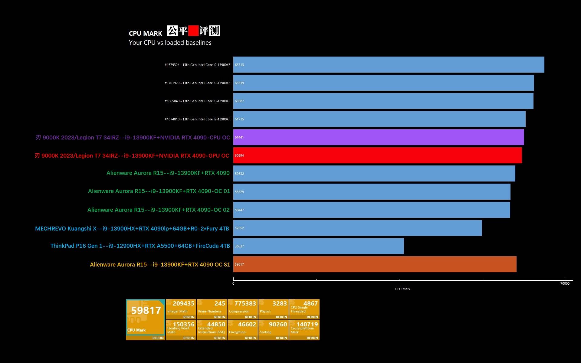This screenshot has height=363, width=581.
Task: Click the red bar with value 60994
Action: [377, 155]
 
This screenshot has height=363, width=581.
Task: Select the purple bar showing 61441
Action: [378, 137]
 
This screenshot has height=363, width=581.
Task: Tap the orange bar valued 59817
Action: [375, 264]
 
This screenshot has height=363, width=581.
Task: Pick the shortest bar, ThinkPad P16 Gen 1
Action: [318, 246]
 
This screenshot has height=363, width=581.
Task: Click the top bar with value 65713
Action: [389, 65]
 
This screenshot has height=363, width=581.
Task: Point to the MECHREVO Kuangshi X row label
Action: [132, 229]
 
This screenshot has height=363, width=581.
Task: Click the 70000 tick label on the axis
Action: [565, 283]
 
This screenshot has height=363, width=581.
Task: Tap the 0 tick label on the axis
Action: [233, 283]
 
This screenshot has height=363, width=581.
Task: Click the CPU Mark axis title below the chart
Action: [402, 289]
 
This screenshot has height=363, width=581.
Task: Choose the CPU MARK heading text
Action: [146, 34]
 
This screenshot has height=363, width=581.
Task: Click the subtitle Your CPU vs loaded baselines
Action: [170, 43]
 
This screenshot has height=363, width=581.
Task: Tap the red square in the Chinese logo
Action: [193, 31]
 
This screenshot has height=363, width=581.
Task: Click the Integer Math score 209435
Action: [183, 303]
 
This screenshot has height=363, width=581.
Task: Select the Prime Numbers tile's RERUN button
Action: [220, 317]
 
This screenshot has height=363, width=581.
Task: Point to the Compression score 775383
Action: [245, 303]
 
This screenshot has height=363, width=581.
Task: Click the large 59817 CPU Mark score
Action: [146, 310]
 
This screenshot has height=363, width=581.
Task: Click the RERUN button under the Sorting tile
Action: [281, 338]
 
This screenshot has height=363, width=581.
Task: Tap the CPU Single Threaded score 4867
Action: [310, 303]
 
